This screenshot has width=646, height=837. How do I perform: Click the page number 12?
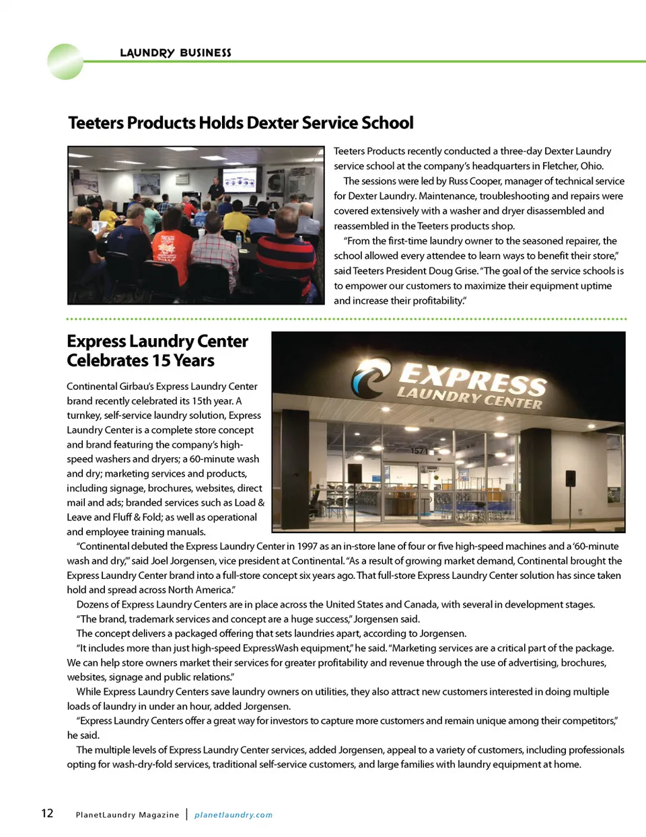[47, 813]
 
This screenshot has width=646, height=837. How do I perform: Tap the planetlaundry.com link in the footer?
[234, 815]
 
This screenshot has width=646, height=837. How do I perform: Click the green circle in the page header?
[65, 62]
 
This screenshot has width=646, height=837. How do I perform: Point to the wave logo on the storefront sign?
[370, 377]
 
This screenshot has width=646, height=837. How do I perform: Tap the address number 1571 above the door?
[419, 450]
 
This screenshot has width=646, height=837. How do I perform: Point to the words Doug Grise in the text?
[453, 271]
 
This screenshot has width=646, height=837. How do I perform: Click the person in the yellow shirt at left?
[108, 216]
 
